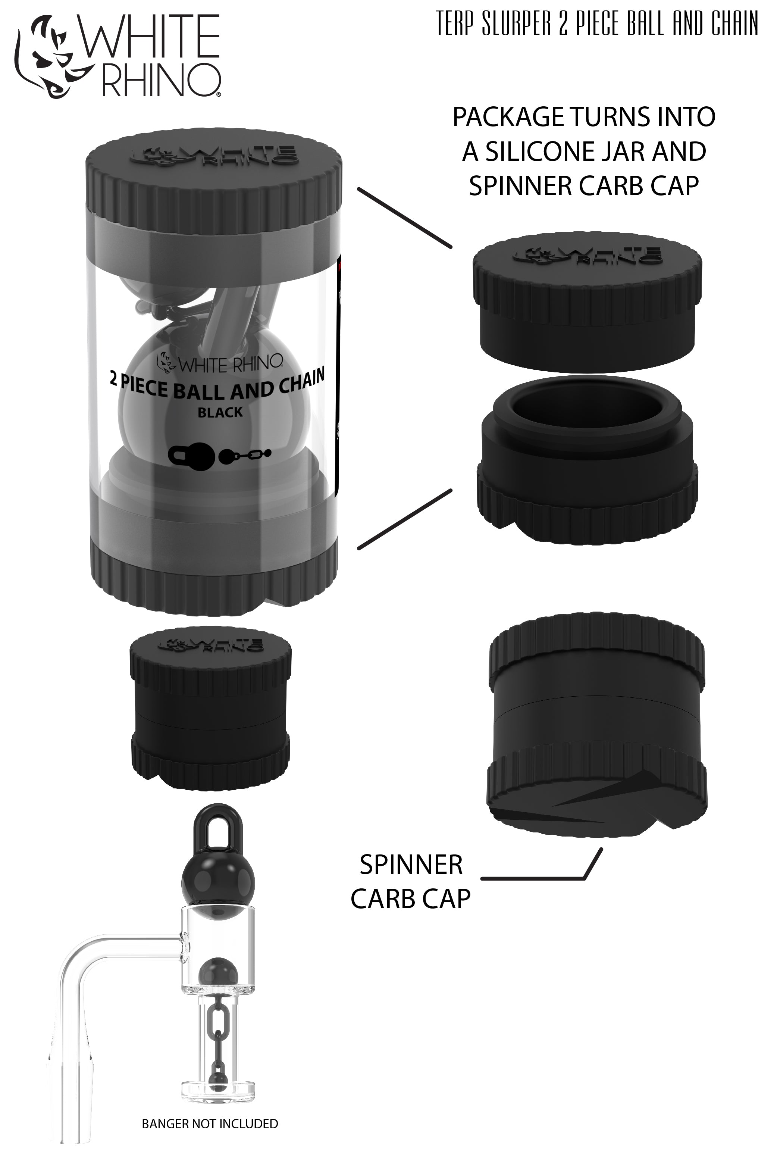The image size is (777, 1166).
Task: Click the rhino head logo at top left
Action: pos(50,57)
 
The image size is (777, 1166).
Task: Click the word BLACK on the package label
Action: pos(220,412)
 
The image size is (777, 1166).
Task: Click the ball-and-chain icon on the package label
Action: pos(245,454)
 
